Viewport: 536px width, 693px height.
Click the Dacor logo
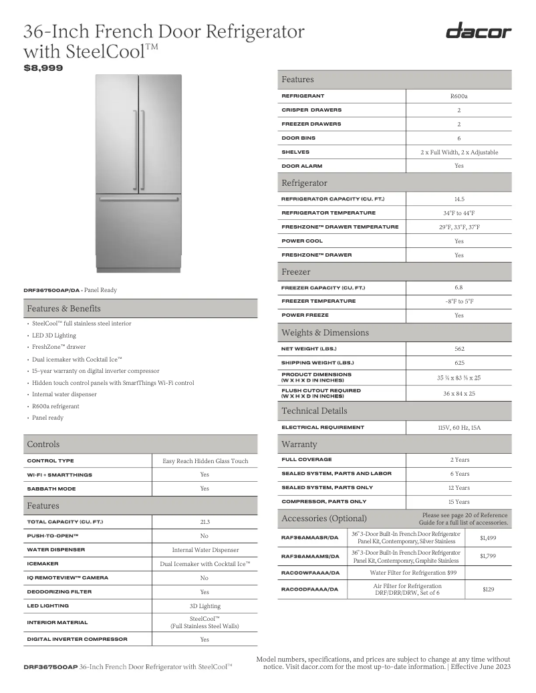(x=479, y=31)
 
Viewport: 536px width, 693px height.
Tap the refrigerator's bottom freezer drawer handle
(x=138, y=198)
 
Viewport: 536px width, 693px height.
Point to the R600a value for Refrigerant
(x=458, y=96)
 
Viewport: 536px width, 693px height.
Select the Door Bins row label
(x=299, y=138)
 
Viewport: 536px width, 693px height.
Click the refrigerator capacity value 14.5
(x=458, y=199)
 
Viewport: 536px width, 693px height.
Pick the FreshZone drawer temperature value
(x=458, y=227)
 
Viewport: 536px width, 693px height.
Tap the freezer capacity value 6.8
(x=458, y=287)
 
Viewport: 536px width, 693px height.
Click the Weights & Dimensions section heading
(x=325, y=333)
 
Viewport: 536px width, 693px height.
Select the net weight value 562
(x=458, y=349)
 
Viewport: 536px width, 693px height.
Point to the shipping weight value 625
(x=458, y=363)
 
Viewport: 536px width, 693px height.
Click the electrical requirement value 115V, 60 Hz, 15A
(x=458, y=427)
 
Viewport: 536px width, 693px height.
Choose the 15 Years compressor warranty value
(x=458, y=502)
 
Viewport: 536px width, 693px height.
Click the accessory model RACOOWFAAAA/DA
(x=311, y=573)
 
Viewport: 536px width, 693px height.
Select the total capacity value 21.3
(x=205, y=522)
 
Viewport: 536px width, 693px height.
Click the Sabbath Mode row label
(x=51, y=489)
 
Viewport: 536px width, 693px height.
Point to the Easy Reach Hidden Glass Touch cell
(x=205, y=461)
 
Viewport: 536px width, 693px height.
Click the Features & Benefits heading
(x=64, y=309)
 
